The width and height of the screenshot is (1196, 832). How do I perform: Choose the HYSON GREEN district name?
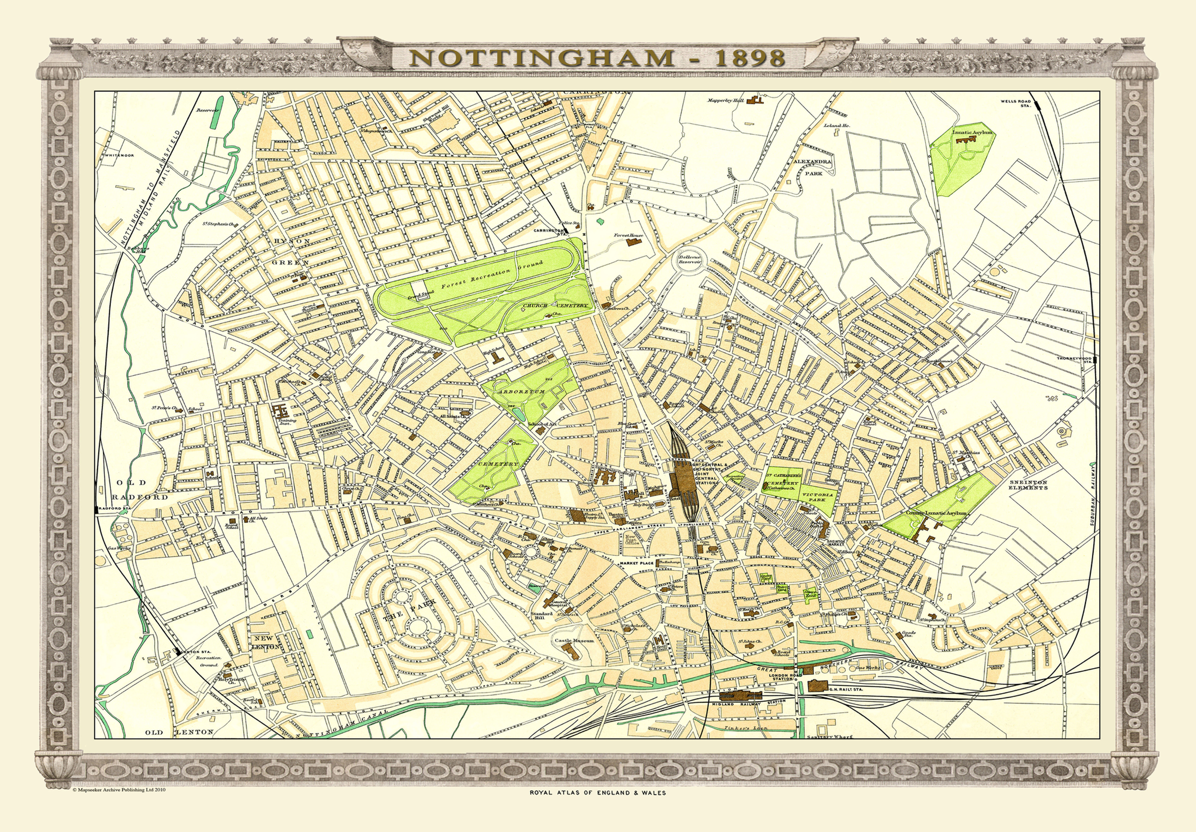tap(291, 251)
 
